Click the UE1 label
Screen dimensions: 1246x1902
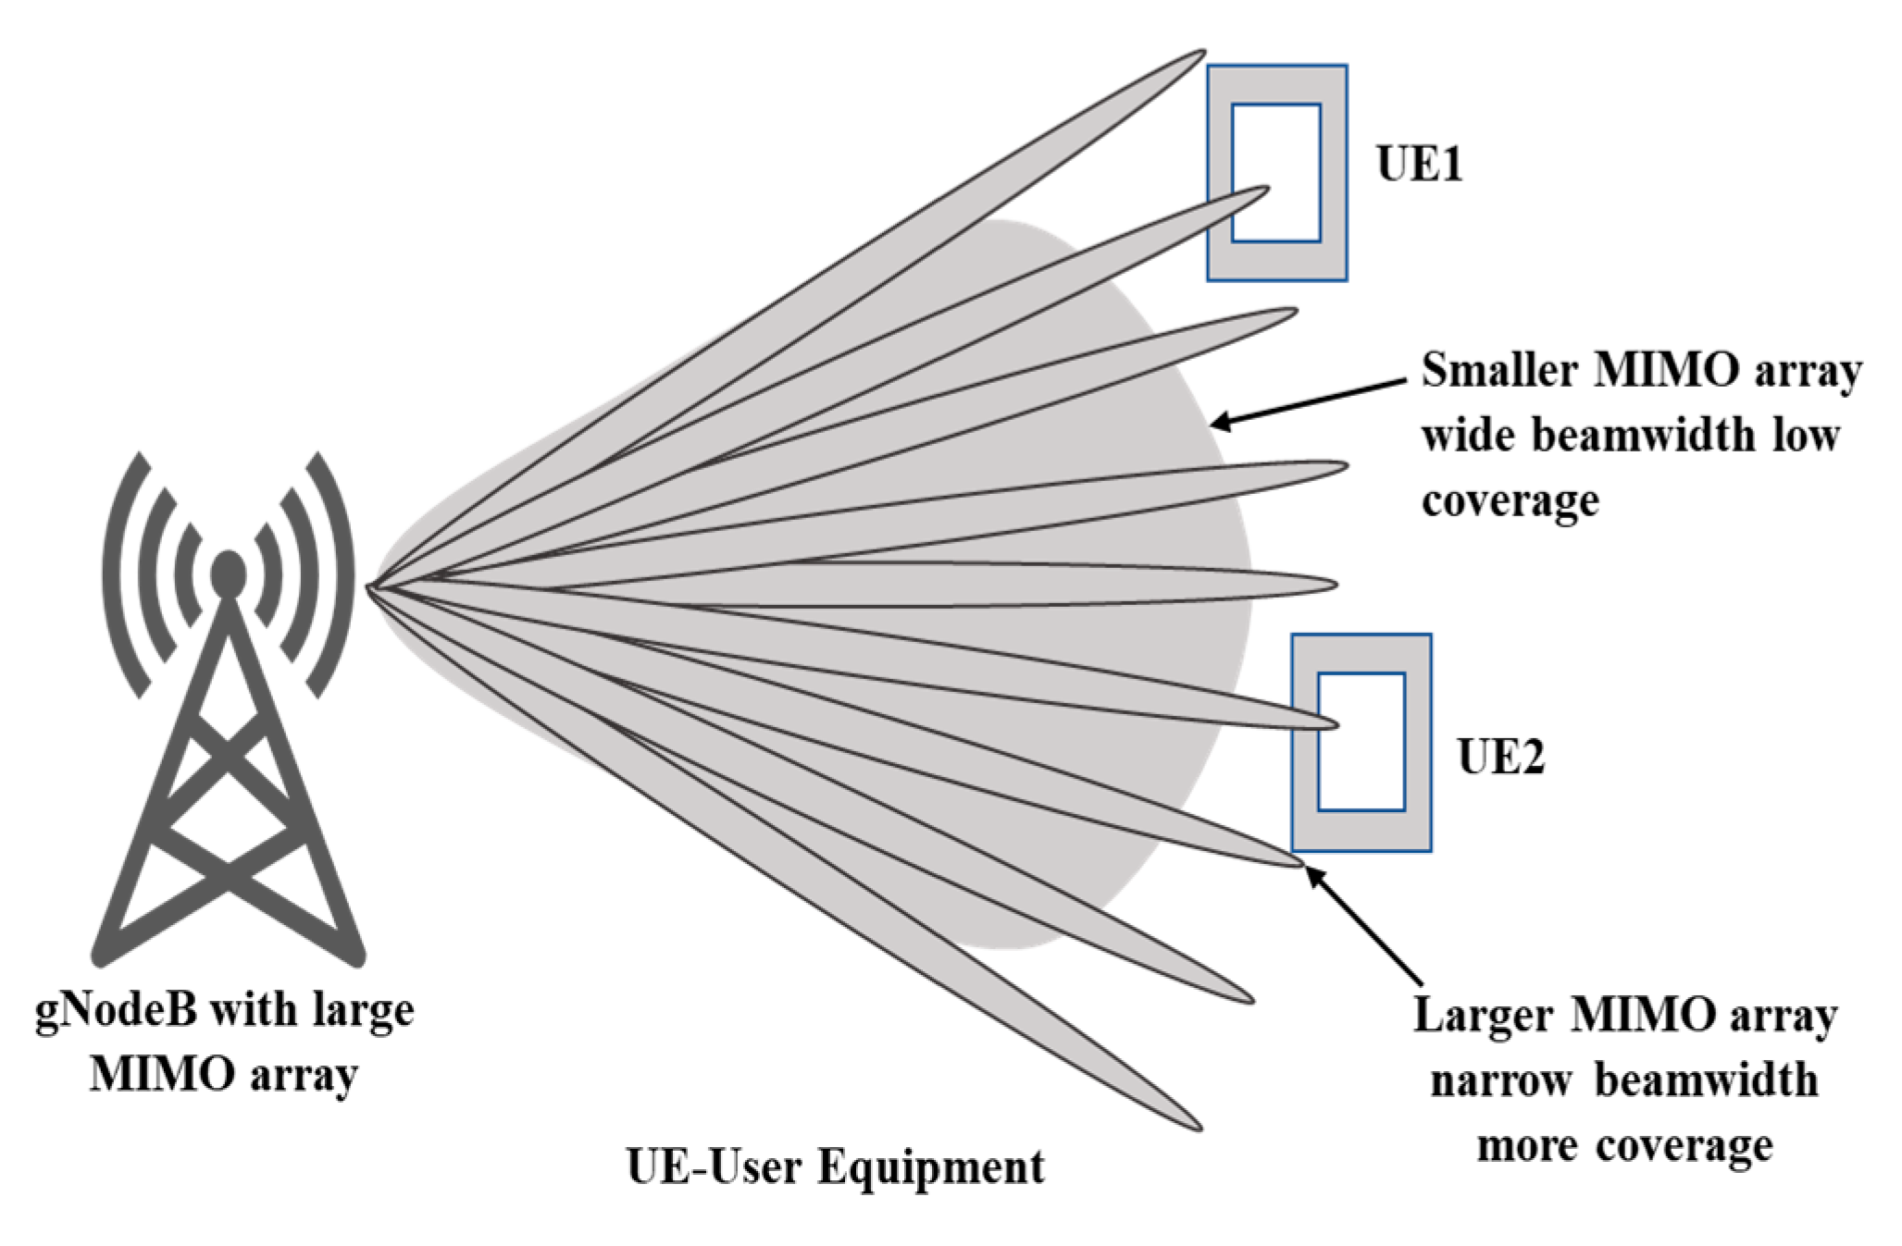tap(1419, 165)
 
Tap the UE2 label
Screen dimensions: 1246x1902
tap(1500, 757)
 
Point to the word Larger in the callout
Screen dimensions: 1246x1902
tap(1482, 1015)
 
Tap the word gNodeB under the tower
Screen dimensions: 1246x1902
tap(117, 1010)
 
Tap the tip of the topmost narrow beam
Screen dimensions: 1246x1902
tap(1200, 54)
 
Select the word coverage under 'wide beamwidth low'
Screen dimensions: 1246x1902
tap(1510, 501)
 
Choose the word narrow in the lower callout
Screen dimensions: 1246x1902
tap(1500, 1080)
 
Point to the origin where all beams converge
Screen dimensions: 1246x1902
tap(370, 586)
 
